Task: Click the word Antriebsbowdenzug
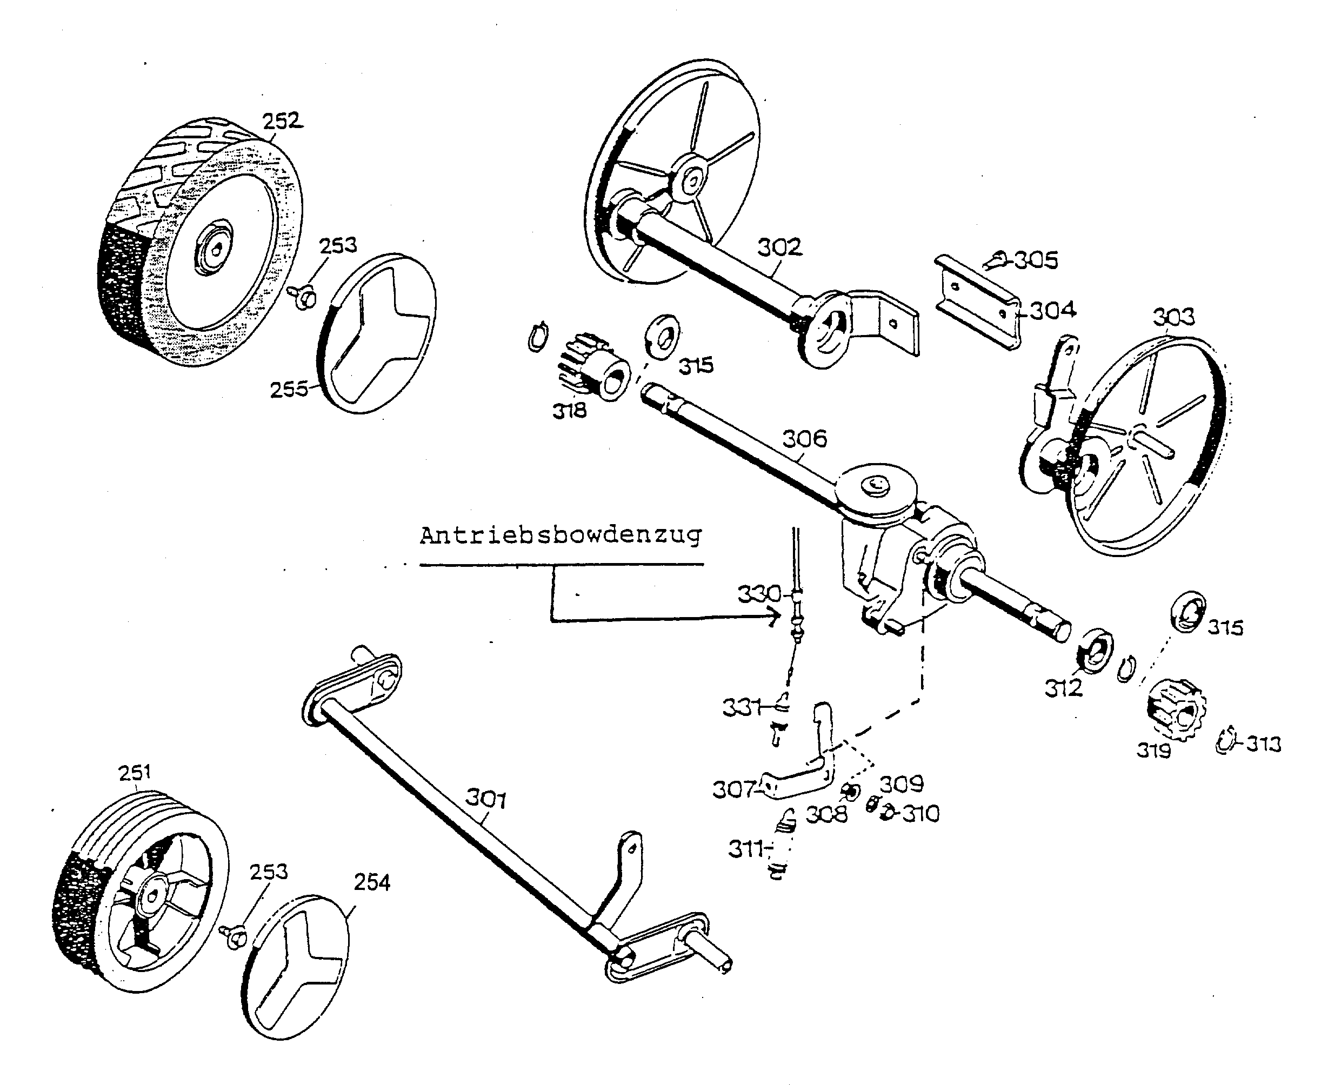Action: [561, 535]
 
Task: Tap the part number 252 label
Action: [281, 120]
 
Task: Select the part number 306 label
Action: [805, 438]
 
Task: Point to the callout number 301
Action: [486, 799]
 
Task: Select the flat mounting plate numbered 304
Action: [979, 303]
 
